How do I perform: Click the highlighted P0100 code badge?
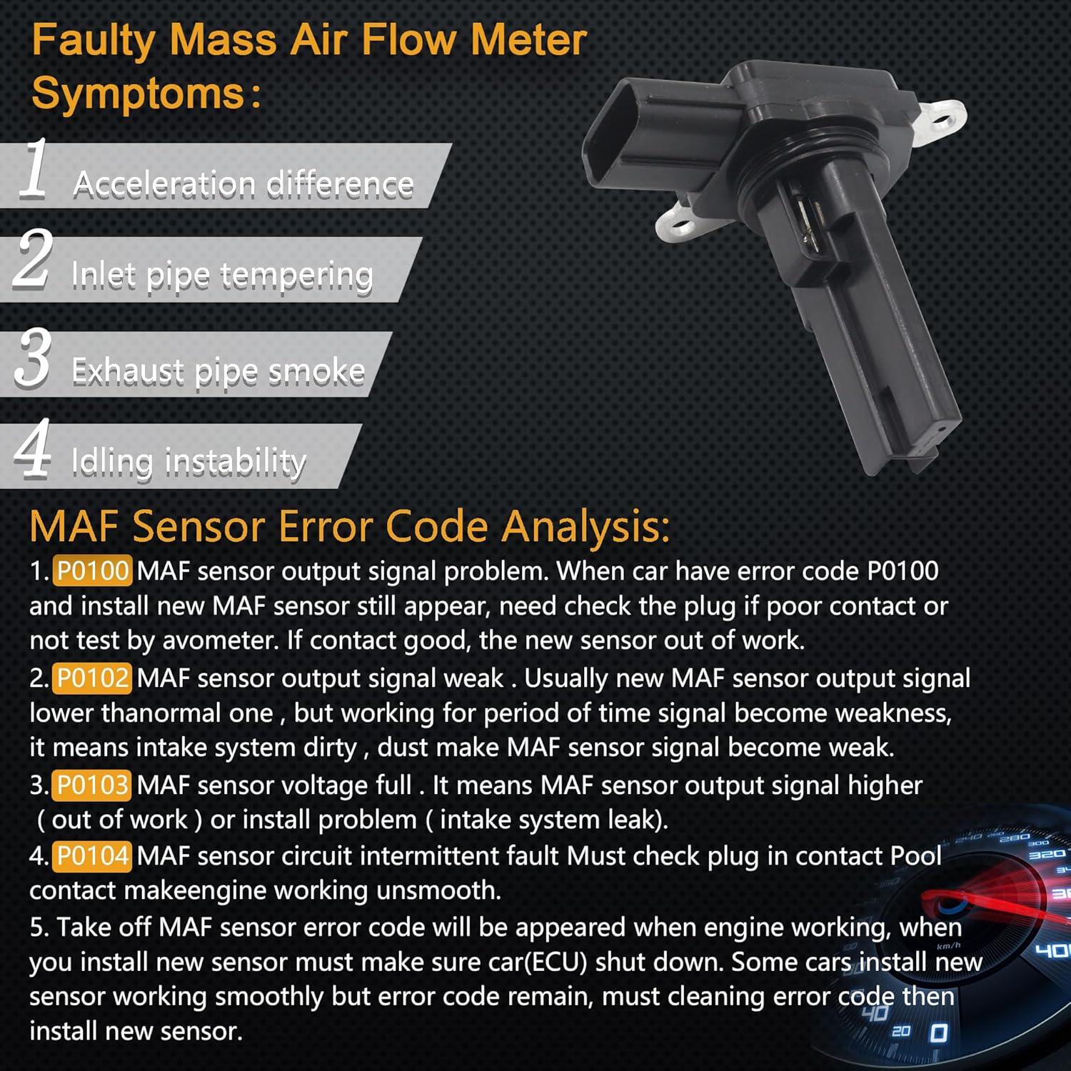pos(92,571)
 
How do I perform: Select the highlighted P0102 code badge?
pos(92,678)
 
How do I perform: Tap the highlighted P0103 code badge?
pos(92,785)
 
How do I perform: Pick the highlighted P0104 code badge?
pos(92,855)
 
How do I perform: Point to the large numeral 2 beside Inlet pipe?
pos(33,260)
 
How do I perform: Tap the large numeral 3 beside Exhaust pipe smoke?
pos(33,358)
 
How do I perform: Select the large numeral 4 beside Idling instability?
pos(33,449)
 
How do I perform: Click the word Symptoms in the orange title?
pos(139,94)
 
